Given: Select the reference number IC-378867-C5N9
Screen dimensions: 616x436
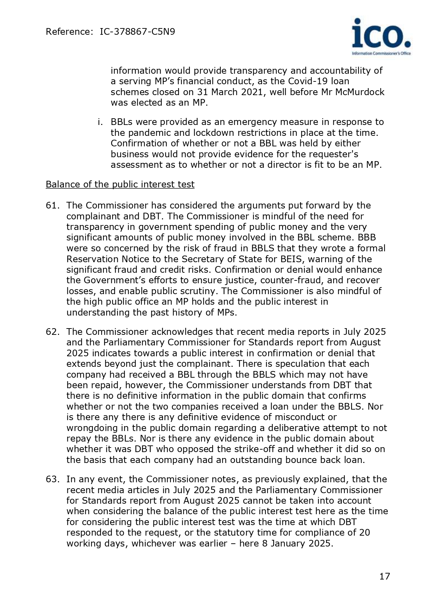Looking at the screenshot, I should click(137, 32).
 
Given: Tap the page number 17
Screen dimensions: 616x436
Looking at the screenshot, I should click(385, 576).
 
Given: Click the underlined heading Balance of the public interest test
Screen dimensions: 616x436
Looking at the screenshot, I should click(120, 184).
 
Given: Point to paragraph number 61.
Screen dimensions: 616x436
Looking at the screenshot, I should click(53, 205).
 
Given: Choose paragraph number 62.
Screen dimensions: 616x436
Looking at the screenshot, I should click(53, 332).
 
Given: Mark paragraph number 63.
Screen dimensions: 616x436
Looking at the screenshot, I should click(53, 479).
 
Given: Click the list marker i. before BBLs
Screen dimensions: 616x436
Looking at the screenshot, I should click(100, 122).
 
